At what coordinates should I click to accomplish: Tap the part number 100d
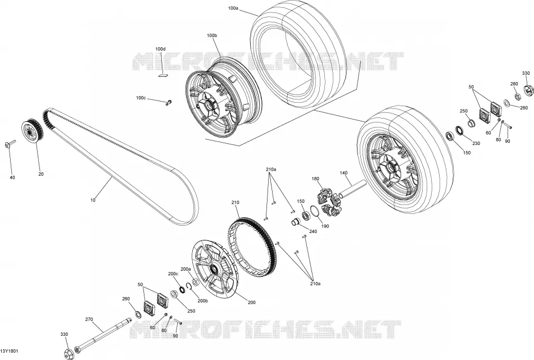coord(160,49)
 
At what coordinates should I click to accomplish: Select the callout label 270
coord(89,319)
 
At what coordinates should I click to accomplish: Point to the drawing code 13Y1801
coord(9,351)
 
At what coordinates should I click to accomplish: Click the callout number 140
coord(343,173)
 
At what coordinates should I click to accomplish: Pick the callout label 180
coord(315,179)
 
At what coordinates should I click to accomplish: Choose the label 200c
coord(173,274)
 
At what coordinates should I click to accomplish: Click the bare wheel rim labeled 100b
coord(221,99)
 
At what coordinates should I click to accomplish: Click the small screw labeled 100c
coord(168,102)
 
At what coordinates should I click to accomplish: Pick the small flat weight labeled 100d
coord(164,75)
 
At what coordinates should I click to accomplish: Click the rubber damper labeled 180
coord(329,202)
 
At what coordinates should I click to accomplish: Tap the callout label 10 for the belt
coord(93,200)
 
